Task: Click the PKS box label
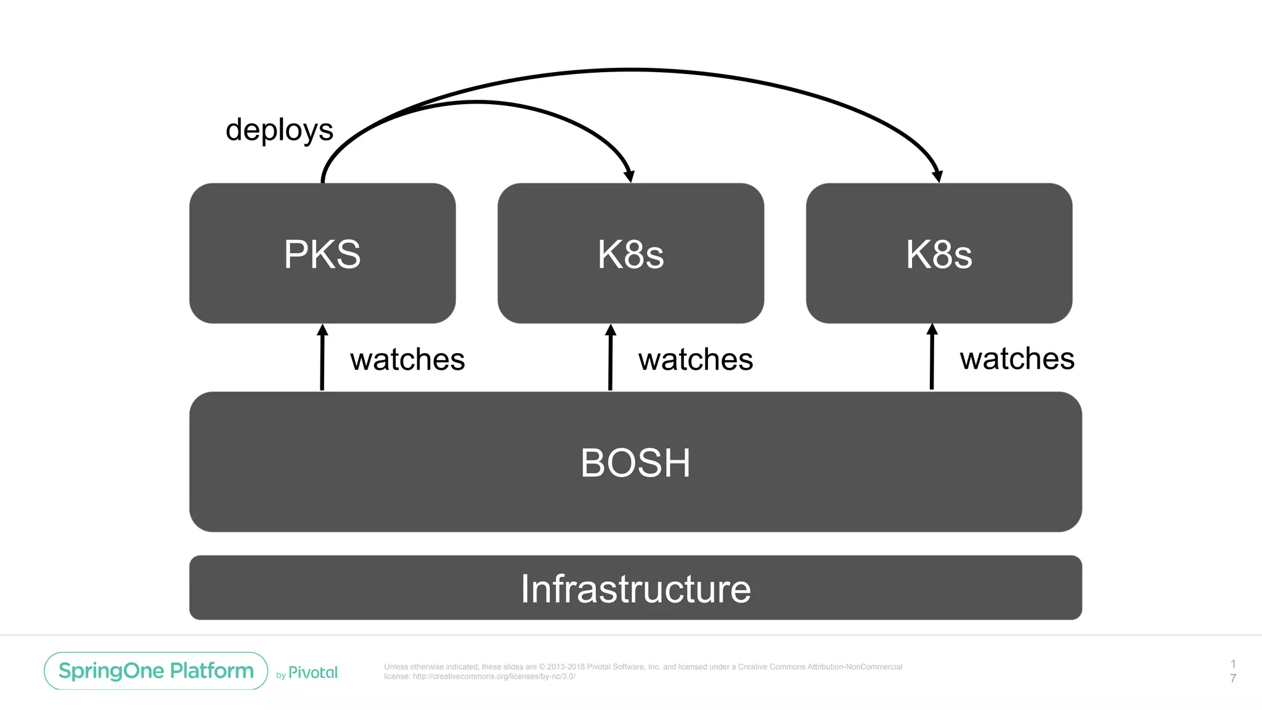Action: (x=322, y=254)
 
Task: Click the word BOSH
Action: (x=635, y=463)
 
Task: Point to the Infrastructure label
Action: (x=635, y=589)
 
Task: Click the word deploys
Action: (x=279, y=130)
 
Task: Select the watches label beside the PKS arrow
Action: (x=407, y=359)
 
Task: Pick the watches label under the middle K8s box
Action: (x=695, y=359)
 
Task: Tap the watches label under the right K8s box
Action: (x=1017, y=359)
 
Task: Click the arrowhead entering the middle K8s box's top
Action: (x=629, y=176)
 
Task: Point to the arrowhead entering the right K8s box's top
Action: (x=937, y=176)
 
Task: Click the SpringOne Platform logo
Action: (x=156, y=671)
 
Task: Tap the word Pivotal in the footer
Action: (x=313, y=672)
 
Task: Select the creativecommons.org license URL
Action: (x=494, y=676)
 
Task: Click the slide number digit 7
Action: (x=1233, y=678)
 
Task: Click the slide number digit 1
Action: (x=1233, y=664)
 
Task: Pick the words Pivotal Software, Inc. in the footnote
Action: (x=622, y=667)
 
